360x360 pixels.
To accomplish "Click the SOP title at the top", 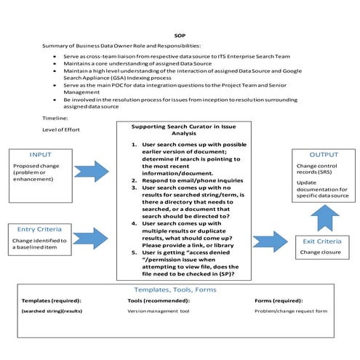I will (180, 33).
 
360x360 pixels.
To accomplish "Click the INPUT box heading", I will (41, 155).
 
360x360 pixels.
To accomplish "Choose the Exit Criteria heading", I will (321, 240).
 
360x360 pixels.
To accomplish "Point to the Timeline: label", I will (55, 116).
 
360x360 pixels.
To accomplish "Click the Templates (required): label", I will (52, 300).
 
